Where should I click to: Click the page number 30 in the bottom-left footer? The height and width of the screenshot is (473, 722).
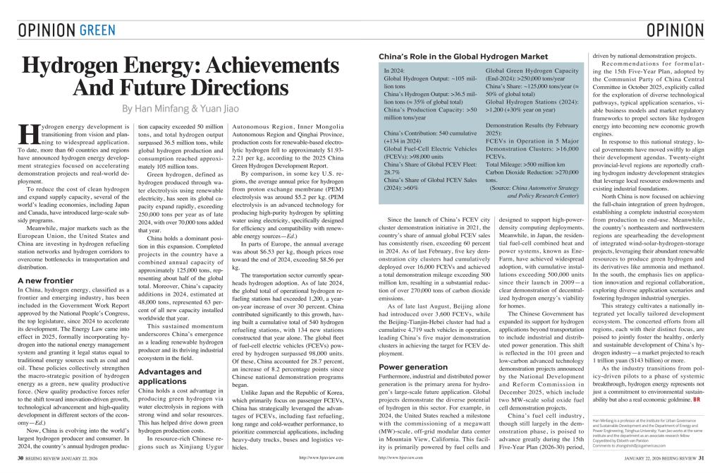(x=21, y=459)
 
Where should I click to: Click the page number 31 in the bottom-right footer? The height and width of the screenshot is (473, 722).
(x=704, y=459)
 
